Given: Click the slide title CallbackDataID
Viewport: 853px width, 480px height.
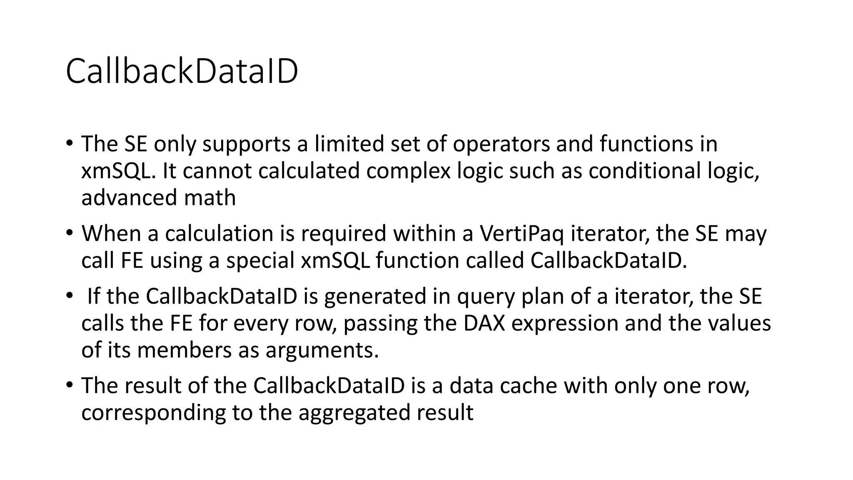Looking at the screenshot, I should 182,71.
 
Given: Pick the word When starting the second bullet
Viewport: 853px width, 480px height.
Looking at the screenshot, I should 111,234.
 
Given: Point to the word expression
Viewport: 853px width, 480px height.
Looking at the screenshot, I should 565,323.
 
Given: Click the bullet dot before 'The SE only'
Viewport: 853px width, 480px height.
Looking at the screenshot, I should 69,143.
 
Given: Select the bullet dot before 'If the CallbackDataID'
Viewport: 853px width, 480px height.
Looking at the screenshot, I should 69,295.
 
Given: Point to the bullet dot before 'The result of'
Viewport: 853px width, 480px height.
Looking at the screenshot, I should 69,385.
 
